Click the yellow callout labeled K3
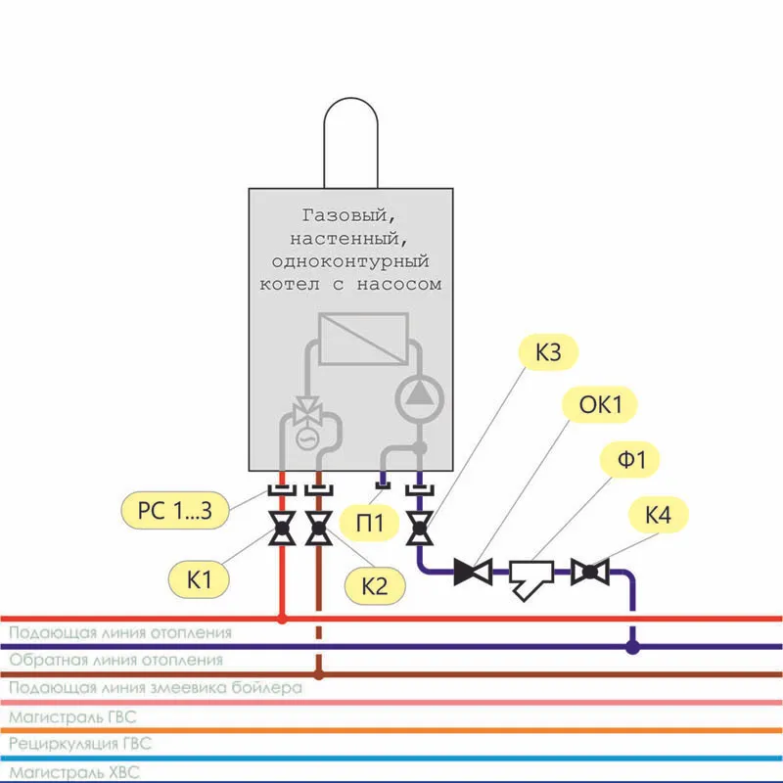(x=548, y=353)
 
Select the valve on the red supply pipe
(x=282, y=531)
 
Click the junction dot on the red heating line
(x=282, y=619)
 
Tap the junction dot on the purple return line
(x=633, y=646)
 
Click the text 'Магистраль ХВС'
(x=75, y=773)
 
